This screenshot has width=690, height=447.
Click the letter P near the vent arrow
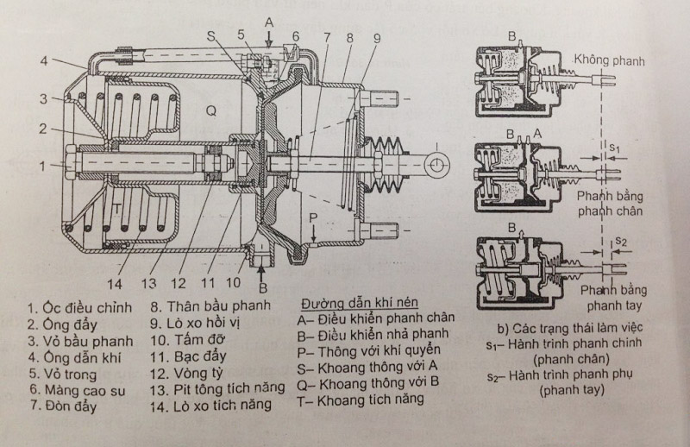[x=316, y=215]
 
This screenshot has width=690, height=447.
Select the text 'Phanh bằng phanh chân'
[x=611, y=202]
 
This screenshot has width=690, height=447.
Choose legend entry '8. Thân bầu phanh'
[x=210, y=307]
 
